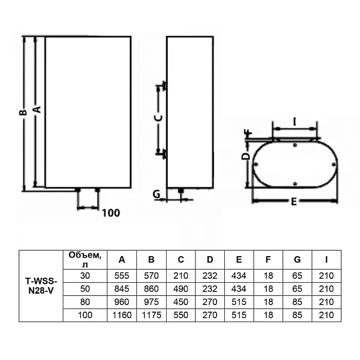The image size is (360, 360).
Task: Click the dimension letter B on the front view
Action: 23,112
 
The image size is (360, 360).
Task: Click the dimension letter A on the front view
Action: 37,110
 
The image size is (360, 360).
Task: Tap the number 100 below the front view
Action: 111,213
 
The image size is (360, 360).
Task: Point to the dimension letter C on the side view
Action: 158,118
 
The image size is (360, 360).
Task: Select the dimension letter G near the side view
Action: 156,194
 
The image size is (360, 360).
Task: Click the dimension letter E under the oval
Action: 294,202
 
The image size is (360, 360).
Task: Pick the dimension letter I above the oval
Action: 295,122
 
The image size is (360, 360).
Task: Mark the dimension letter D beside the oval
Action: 246,156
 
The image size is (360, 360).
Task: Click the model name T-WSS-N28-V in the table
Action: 41,285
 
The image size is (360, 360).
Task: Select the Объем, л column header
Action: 85,260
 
